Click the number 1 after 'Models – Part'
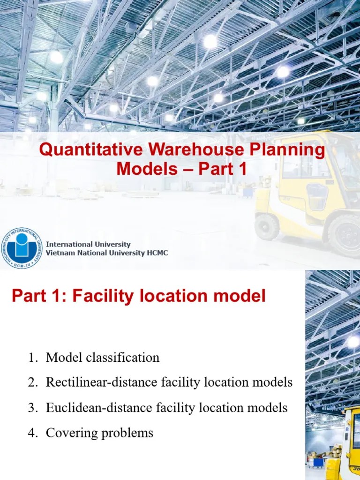tap(241, 169)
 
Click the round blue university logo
tap(22, 248)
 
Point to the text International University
tap(88, 244)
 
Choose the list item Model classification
tap(103, 358)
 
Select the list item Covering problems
tap(99, 433)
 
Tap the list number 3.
tap(32, 408)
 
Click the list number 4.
tap(32, 433)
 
